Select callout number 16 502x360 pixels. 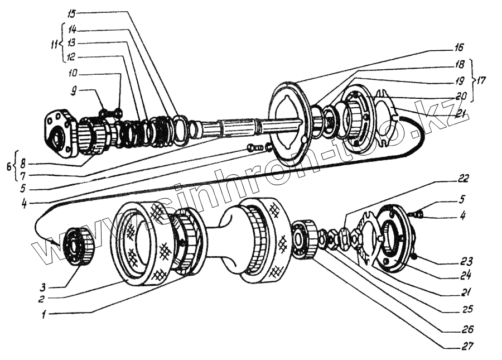(459, 47)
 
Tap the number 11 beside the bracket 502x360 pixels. (54, 45)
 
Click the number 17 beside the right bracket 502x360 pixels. (481, 80)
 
